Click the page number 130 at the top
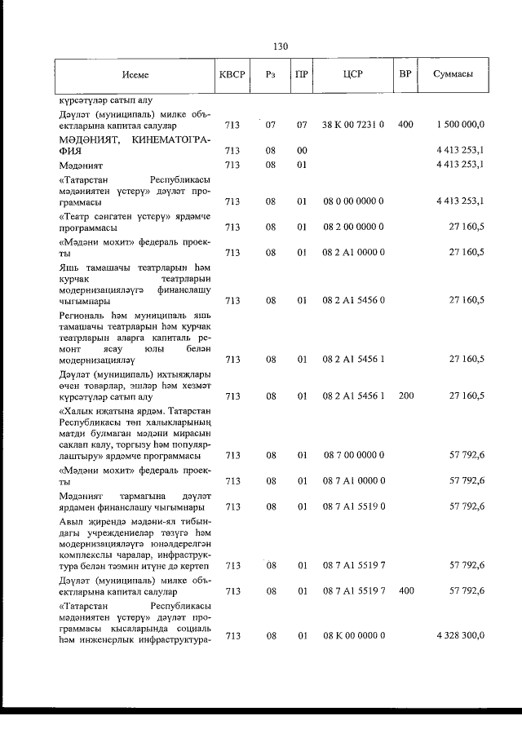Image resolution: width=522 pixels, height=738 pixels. (281, 46)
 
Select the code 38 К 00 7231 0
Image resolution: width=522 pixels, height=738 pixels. (352, 125)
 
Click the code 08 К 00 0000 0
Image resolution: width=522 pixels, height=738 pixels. (352, 634)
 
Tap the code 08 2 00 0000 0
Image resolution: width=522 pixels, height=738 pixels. (352, 227)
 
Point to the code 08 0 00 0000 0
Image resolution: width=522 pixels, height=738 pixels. (352, 201)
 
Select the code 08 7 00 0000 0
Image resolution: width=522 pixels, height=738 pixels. (352, 455)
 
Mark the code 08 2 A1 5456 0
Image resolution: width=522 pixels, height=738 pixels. (352, 300)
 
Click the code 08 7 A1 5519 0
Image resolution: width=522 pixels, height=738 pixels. (352, 506)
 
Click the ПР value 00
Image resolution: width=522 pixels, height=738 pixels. (302, 151)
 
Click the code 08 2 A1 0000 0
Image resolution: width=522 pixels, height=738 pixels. (352, 253)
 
